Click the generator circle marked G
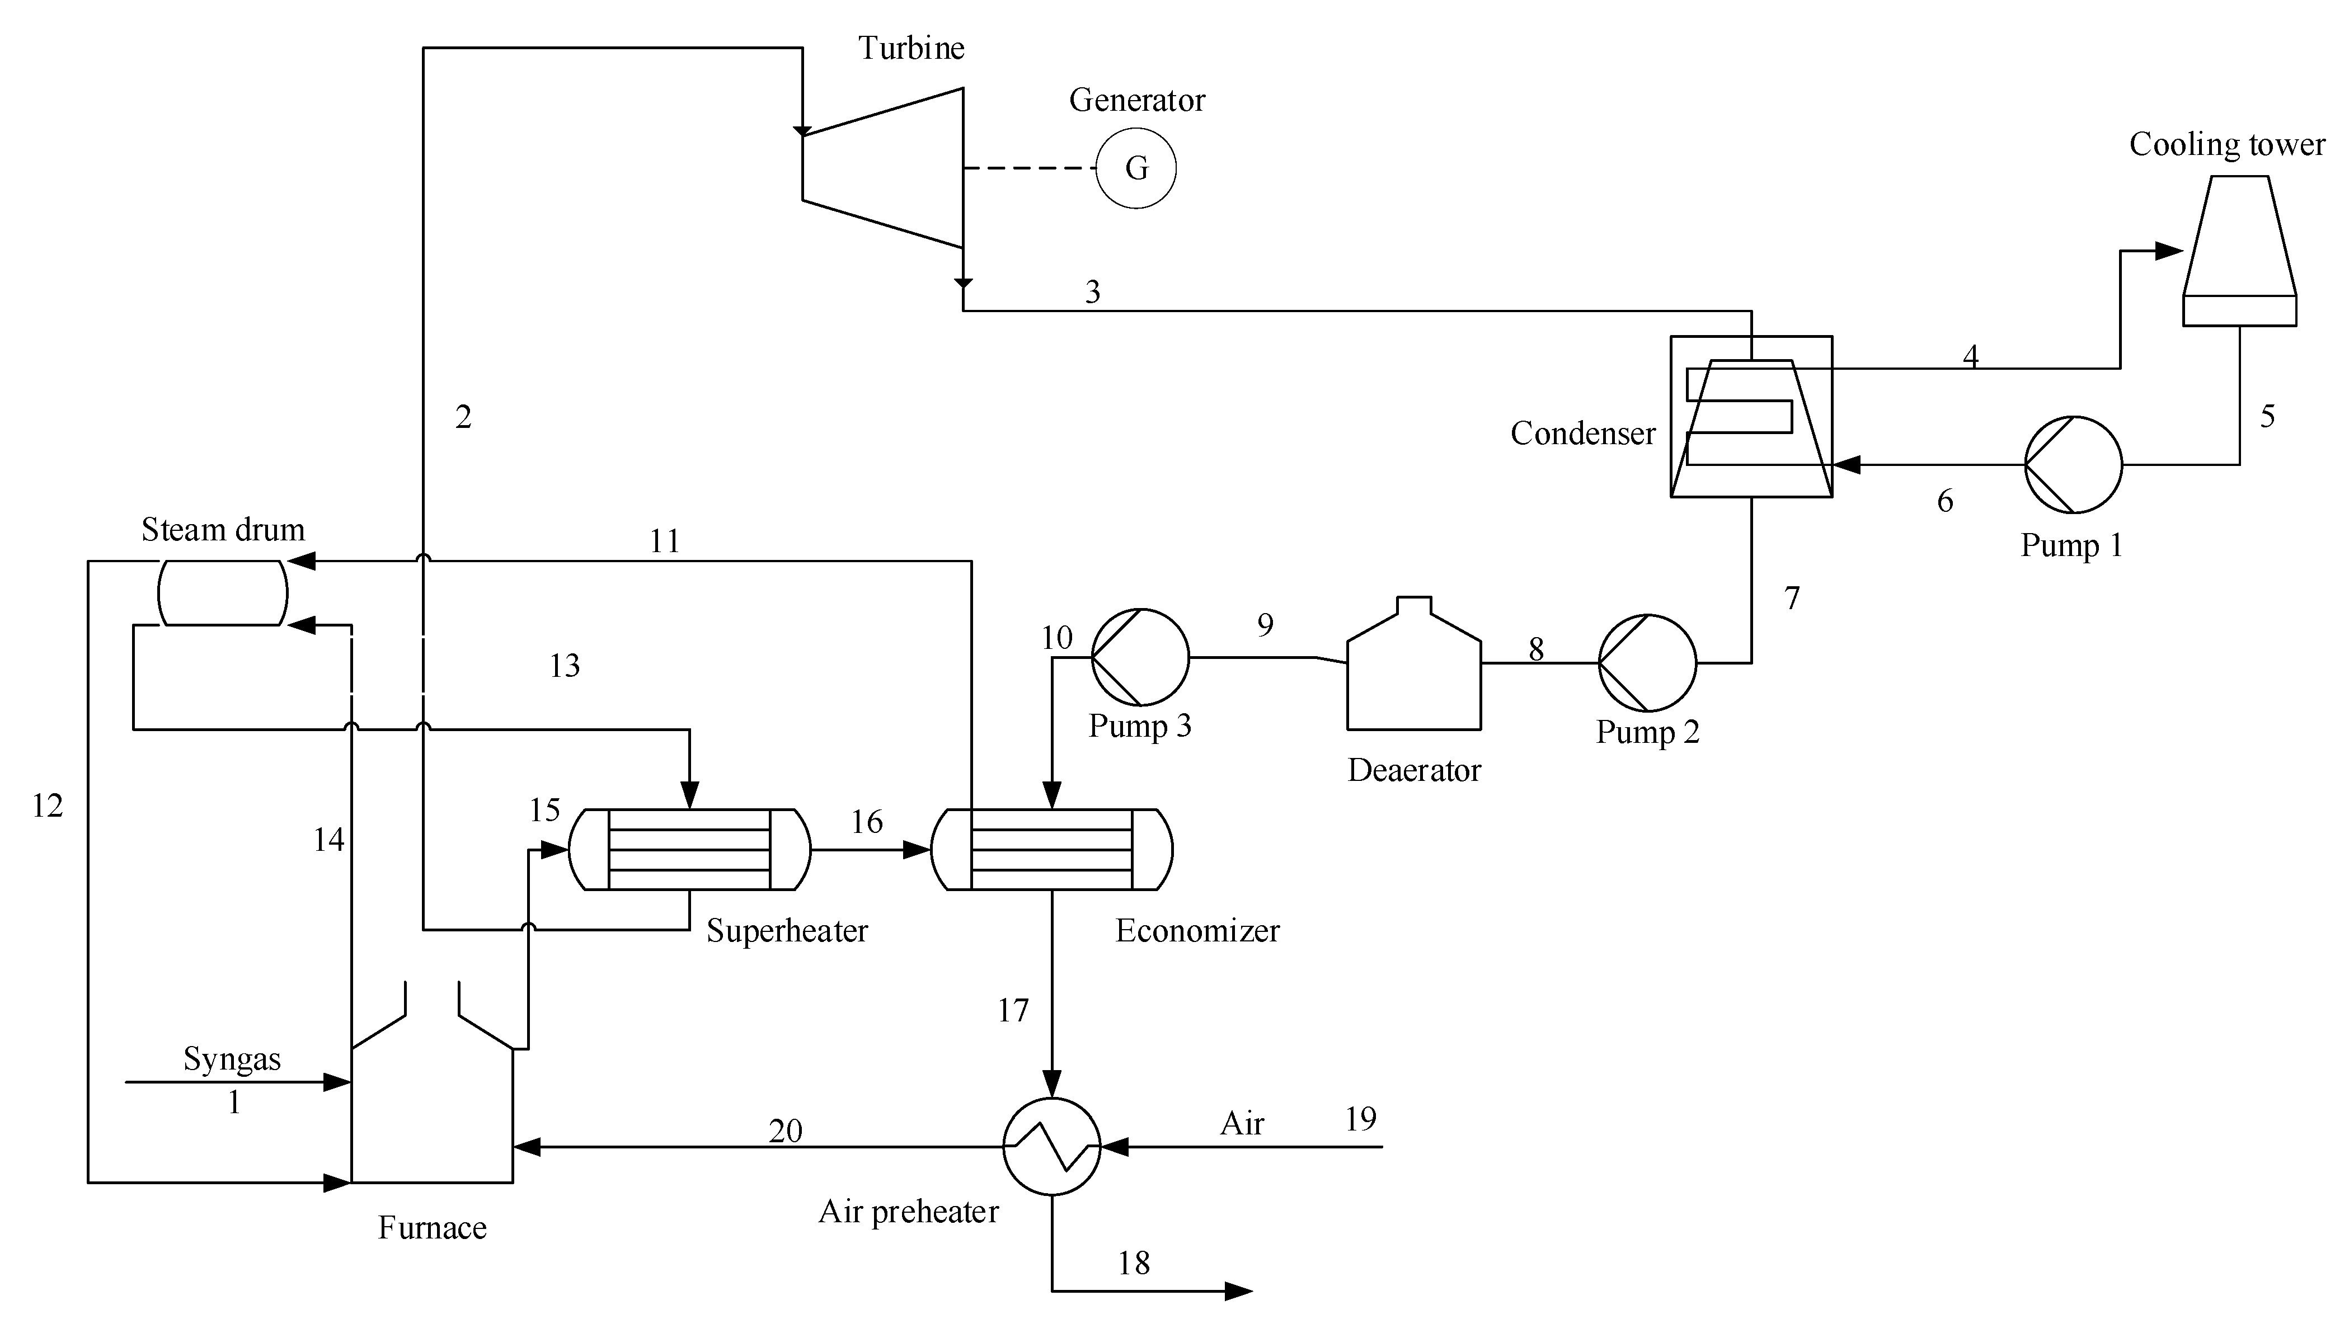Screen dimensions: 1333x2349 click(1135, 168)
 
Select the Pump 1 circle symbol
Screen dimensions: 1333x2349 click(2073, 464)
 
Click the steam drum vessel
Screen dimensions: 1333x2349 click(223, 594)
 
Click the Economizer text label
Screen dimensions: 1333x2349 click(1197, 930)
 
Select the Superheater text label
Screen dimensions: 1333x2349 click(787, 930)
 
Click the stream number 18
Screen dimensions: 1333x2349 click(1133, 1264)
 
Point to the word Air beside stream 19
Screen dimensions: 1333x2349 click(1242, 1123)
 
